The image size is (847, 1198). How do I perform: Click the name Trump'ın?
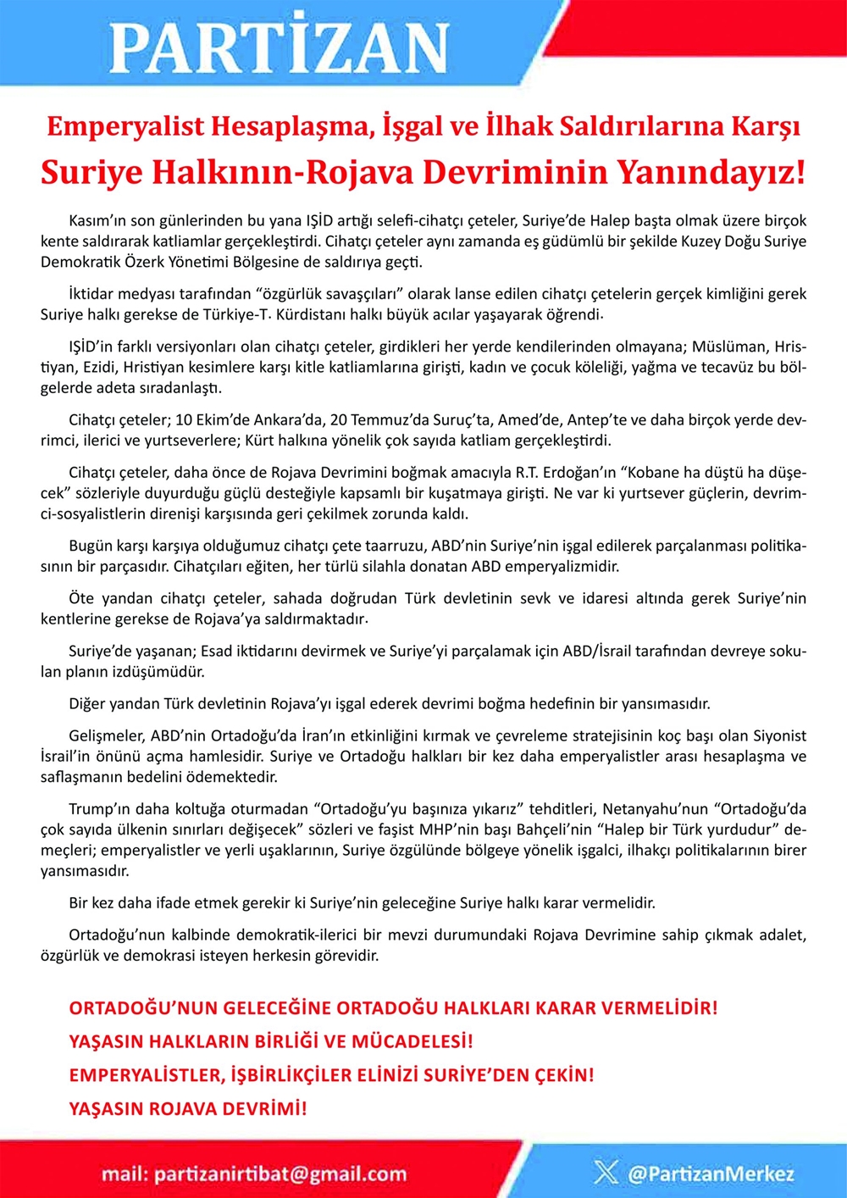[x=101, y=809]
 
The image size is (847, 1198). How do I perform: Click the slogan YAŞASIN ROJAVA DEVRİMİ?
[x=188, y=1108]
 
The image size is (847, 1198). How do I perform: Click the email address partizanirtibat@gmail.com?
[x=280, y=1174]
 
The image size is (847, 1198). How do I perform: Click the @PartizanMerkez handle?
[x=711, y=1173]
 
